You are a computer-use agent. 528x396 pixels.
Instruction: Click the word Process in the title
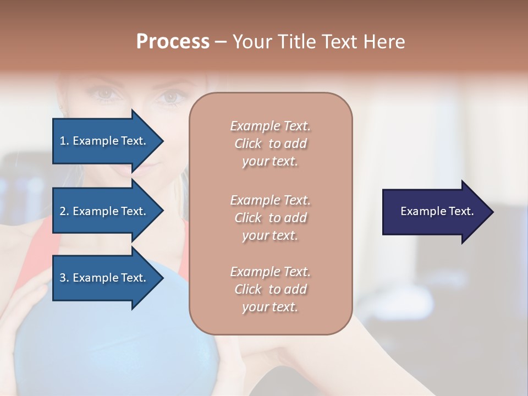tap(173, 42)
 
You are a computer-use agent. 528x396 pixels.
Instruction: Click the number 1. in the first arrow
tap(64, 141)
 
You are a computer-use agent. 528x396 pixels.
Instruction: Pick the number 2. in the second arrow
tap(64, 211)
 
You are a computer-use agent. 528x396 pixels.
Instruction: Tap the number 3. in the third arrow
tap(64, 278)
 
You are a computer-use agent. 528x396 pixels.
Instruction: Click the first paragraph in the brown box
tap(270, 144)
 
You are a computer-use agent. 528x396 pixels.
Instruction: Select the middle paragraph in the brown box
tap(270, 218)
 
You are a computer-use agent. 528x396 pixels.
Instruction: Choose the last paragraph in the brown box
tap(270, 289)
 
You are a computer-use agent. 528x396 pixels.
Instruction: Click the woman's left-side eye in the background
tap(106, 94)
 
